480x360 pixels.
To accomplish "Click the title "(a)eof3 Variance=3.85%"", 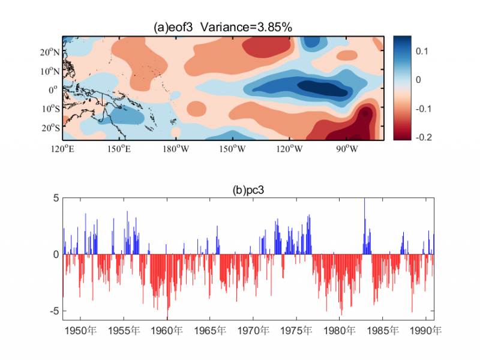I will pyautogui.click(x=223, y=27).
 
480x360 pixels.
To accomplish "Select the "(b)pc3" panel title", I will pyautogui.click(x=248, y=190).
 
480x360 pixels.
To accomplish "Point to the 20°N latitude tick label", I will pyautogui.click(x=50, y=52).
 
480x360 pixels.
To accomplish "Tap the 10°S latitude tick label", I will pyautogui.click(x=50, y=109).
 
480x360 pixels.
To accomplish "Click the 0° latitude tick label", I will pyautogui.click(x=54, y=90).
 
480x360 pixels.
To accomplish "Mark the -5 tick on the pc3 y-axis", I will pyautogui.click(x=53, y=311).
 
